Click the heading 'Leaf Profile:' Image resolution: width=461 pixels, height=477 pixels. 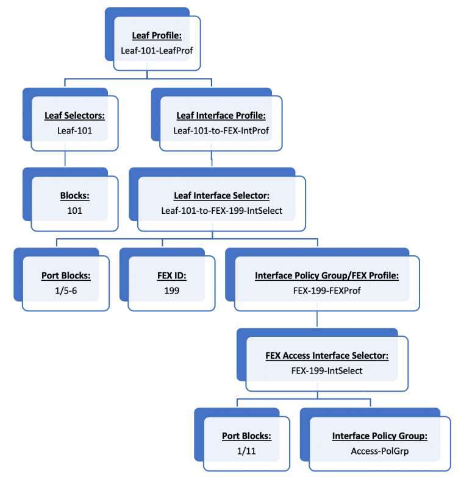[x=157, y=36]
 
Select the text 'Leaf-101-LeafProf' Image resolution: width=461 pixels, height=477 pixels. [x=157, y=51]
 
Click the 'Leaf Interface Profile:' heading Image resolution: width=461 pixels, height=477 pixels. [x=221, y=116]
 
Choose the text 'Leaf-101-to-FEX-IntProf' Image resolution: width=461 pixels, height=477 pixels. [x=221, y=130]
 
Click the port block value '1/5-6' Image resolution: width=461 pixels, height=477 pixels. [x=66, y=291]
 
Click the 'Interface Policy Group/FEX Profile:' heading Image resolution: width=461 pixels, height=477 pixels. [x=327, y=276]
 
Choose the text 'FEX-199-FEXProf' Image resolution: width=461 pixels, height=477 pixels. [x=327, y=291]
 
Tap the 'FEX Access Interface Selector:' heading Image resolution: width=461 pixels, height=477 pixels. [x=327, y=355]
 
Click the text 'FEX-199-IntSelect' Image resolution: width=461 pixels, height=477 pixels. [x=327, y=370]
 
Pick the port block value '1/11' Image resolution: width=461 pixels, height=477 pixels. [x=246, y=451]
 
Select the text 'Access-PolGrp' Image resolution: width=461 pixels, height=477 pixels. [x=380, y=451]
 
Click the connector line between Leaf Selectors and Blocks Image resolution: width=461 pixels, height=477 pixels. [x=65, y=158]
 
